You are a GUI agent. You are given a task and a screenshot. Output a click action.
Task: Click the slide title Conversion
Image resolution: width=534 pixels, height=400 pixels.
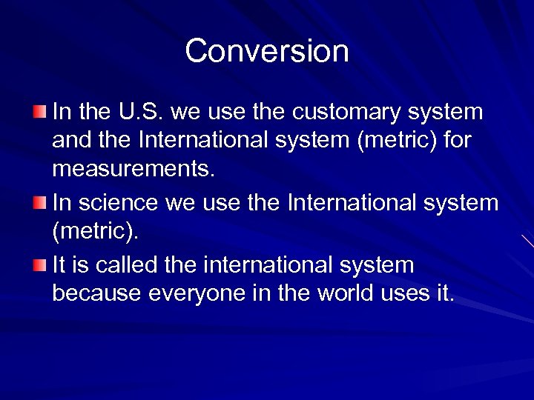coord(267,51)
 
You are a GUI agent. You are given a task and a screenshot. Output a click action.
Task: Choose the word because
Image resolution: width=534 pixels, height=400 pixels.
coord(97,293)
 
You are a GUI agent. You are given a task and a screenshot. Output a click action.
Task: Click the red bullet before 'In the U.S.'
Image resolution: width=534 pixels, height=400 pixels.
coord(39,112)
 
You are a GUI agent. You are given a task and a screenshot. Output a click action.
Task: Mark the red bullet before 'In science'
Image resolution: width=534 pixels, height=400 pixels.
coord(39,202)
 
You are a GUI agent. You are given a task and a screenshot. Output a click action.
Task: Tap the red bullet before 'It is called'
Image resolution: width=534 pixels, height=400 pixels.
coord(39,264)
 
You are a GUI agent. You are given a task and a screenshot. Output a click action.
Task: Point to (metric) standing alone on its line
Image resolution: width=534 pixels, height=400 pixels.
coord(95,233)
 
